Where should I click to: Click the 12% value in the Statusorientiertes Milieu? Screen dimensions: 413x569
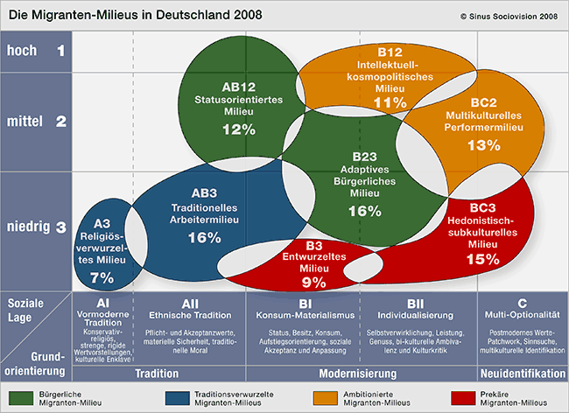[x=239, y=129]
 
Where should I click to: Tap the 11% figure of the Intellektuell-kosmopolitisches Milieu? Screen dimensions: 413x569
[x=390, y=103]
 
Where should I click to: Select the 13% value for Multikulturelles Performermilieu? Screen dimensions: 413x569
[x=483, y=146]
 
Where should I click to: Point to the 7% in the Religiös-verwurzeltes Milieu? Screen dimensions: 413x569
[x=102, y=277]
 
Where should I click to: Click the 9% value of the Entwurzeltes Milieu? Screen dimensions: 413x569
[x=313, y=282]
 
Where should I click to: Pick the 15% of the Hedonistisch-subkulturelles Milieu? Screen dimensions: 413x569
[x=482, y=259]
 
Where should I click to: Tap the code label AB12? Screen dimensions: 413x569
[x=238, y=87]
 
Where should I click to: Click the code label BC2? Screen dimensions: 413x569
[x=482, y=101]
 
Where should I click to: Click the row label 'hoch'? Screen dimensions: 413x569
[x=22, y=51]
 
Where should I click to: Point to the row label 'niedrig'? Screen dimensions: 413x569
[x=28, y=227]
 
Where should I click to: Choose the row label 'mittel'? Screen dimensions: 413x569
[x=25, y=122]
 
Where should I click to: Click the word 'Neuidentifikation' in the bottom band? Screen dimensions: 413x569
[x=523, y=373]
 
